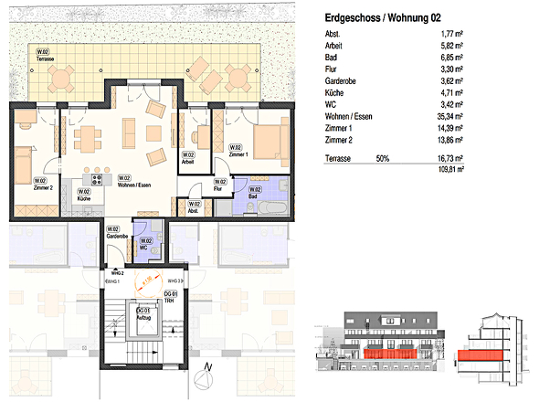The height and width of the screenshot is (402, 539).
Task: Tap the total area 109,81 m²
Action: pos(448,169)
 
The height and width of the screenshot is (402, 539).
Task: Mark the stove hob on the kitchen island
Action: pos(93,180)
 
